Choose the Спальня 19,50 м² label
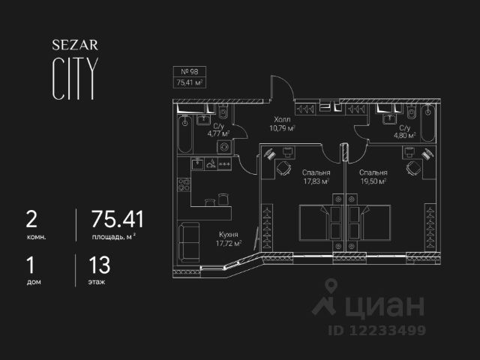(x=371, y=176)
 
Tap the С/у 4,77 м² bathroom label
(x=218, y=131)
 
